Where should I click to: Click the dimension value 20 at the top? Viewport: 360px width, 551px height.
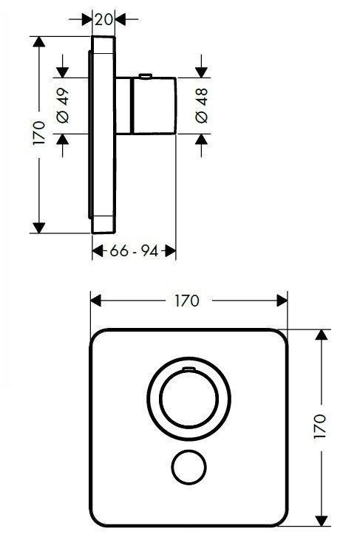[103, 19]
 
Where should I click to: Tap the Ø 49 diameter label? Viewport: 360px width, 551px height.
[63, 106]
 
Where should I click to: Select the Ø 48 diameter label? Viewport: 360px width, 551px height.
[202, 106]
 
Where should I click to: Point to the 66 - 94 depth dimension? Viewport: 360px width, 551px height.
[134, 251]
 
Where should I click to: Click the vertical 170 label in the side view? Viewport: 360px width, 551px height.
[39, 133]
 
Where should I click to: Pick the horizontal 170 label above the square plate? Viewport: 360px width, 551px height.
[187, 301]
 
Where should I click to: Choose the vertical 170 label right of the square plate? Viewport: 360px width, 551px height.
[320, 426]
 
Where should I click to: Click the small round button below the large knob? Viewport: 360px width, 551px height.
[189, 467]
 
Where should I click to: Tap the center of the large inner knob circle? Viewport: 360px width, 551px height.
[189, 399]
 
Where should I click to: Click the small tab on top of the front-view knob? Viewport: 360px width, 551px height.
[189, 369]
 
